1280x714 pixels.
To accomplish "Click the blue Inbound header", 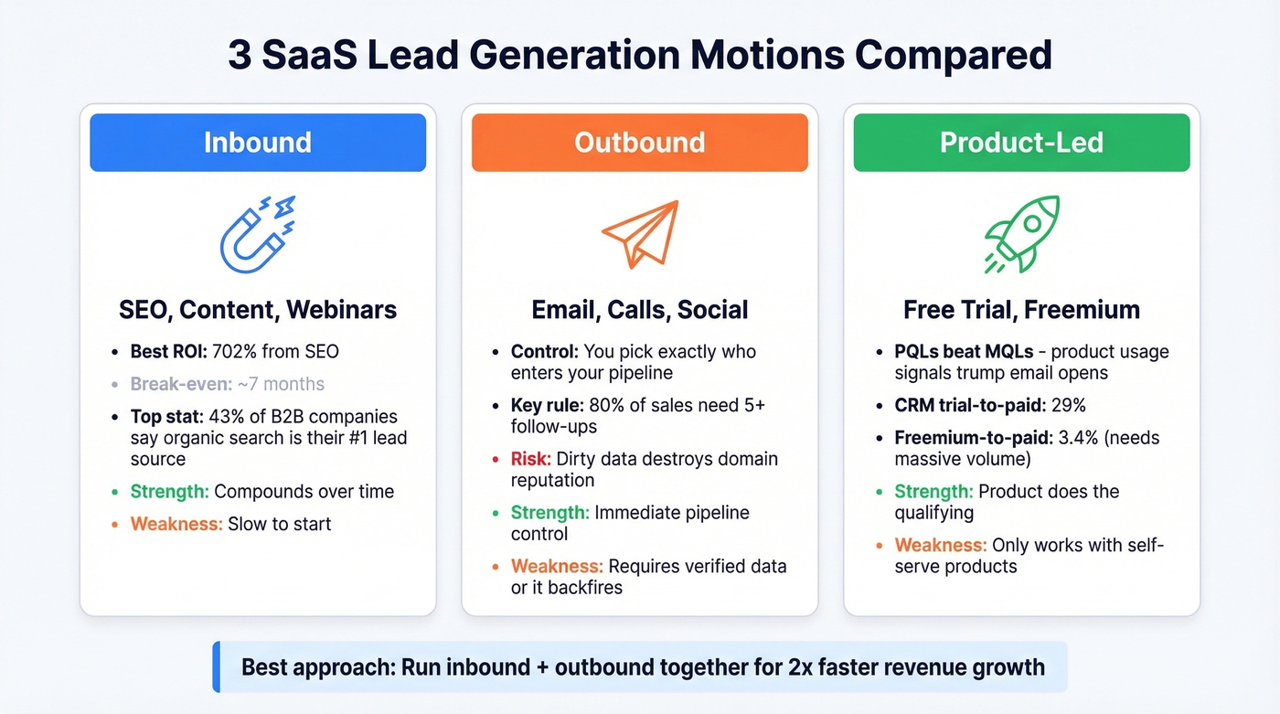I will coord(257,143).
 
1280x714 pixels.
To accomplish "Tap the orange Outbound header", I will coord(639,143).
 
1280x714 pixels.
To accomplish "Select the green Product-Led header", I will coord(1021,143).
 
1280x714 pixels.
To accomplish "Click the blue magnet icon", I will coord(257,233).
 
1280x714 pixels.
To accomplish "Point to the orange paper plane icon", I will coord(640,234).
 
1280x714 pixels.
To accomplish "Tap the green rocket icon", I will coord(1022,233).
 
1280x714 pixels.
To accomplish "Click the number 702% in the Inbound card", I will coord(236,351).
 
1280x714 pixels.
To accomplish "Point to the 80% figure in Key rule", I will coord(603,405).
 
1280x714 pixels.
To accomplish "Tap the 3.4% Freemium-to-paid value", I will coord(1077,437).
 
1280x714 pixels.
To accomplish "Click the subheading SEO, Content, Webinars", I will coord(258,309).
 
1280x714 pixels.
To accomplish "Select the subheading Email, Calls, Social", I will coord(640,309).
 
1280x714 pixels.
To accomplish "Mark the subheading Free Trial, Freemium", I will coord(1021,309).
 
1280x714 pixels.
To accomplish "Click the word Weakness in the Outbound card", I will coord(557,566).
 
